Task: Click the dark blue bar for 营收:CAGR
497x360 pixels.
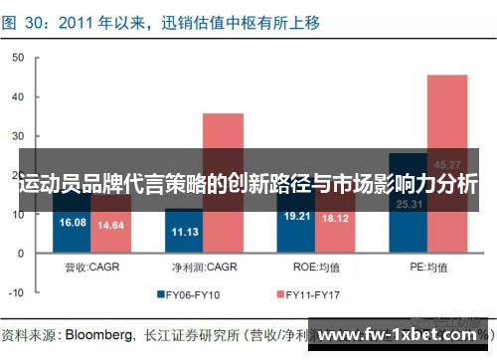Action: [74, 228]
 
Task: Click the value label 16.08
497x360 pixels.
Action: [74, 222]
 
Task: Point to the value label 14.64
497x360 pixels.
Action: [110, 226]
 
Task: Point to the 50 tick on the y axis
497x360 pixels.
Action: [16, 59]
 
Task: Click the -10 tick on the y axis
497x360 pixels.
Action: [14, 293]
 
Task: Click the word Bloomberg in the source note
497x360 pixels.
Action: [100, 332]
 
